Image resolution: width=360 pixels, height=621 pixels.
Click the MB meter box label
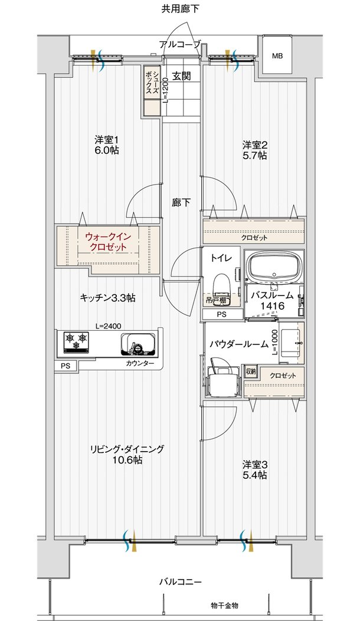pos(277,56)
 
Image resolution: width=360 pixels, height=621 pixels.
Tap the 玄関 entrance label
pos(182,75)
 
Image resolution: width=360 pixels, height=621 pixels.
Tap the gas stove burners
pos(76,341)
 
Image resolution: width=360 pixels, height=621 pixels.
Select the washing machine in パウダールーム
pos(223,377)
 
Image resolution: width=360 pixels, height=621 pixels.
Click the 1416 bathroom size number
pos(273,305)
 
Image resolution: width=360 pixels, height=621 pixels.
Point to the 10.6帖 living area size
pos(127,460)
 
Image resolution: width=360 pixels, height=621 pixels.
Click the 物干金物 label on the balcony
pos(224,606)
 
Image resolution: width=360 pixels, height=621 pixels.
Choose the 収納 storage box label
pos(251,372)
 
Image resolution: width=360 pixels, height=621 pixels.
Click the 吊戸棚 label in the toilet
pos(217,301)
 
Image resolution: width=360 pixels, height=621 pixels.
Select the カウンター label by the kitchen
pos(138,363)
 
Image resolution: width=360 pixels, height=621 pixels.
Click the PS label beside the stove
pos(66,366)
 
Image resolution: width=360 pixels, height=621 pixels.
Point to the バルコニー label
pos(181,582)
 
